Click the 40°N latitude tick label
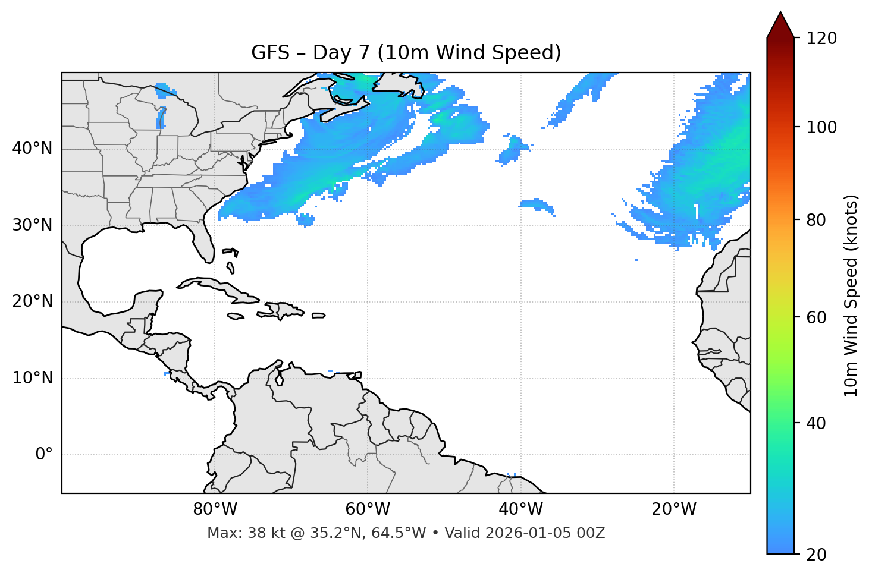32,149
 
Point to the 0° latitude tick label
44,455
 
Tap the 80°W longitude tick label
215,509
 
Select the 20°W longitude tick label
674,509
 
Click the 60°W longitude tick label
368,509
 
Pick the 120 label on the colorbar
822,39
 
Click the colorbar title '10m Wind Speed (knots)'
851,295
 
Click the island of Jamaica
236,316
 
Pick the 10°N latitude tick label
32,378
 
